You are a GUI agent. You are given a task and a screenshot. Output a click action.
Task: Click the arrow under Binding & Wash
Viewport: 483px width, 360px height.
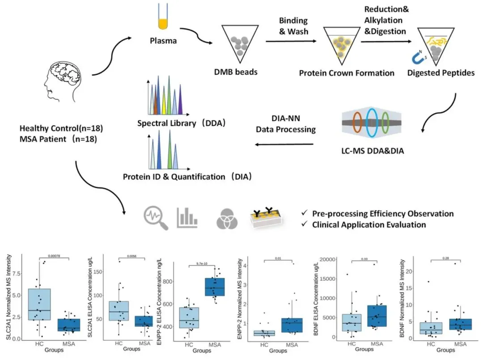coord(292,41)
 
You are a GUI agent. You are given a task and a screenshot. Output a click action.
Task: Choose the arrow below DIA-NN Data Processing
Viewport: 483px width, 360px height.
coord(284,144)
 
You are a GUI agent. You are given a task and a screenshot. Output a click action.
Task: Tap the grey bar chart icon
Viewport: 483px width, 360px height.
coord(187,216)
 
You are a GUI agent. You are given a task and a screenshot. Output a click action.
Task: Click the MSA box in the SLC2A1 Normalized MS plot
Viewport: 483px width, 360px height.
coord(70,325)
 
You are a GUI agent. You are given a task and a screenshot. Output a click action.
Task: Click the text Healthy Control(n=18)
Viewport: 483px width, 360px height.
coord(61,128)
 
